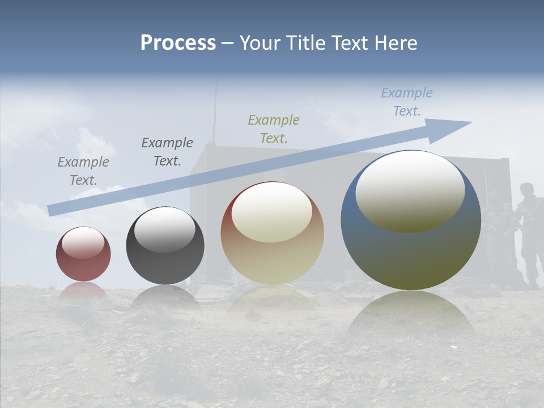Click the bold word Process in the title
[178, 43]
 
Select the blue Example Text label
[406, 102]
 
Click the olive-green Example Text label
[274, 129]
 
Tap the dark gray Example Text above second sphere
[167, 151]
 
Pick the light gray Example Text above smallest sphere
[83, 171]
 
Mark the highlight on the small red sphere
[83, 243]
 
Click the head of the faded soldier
[527, 190]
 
